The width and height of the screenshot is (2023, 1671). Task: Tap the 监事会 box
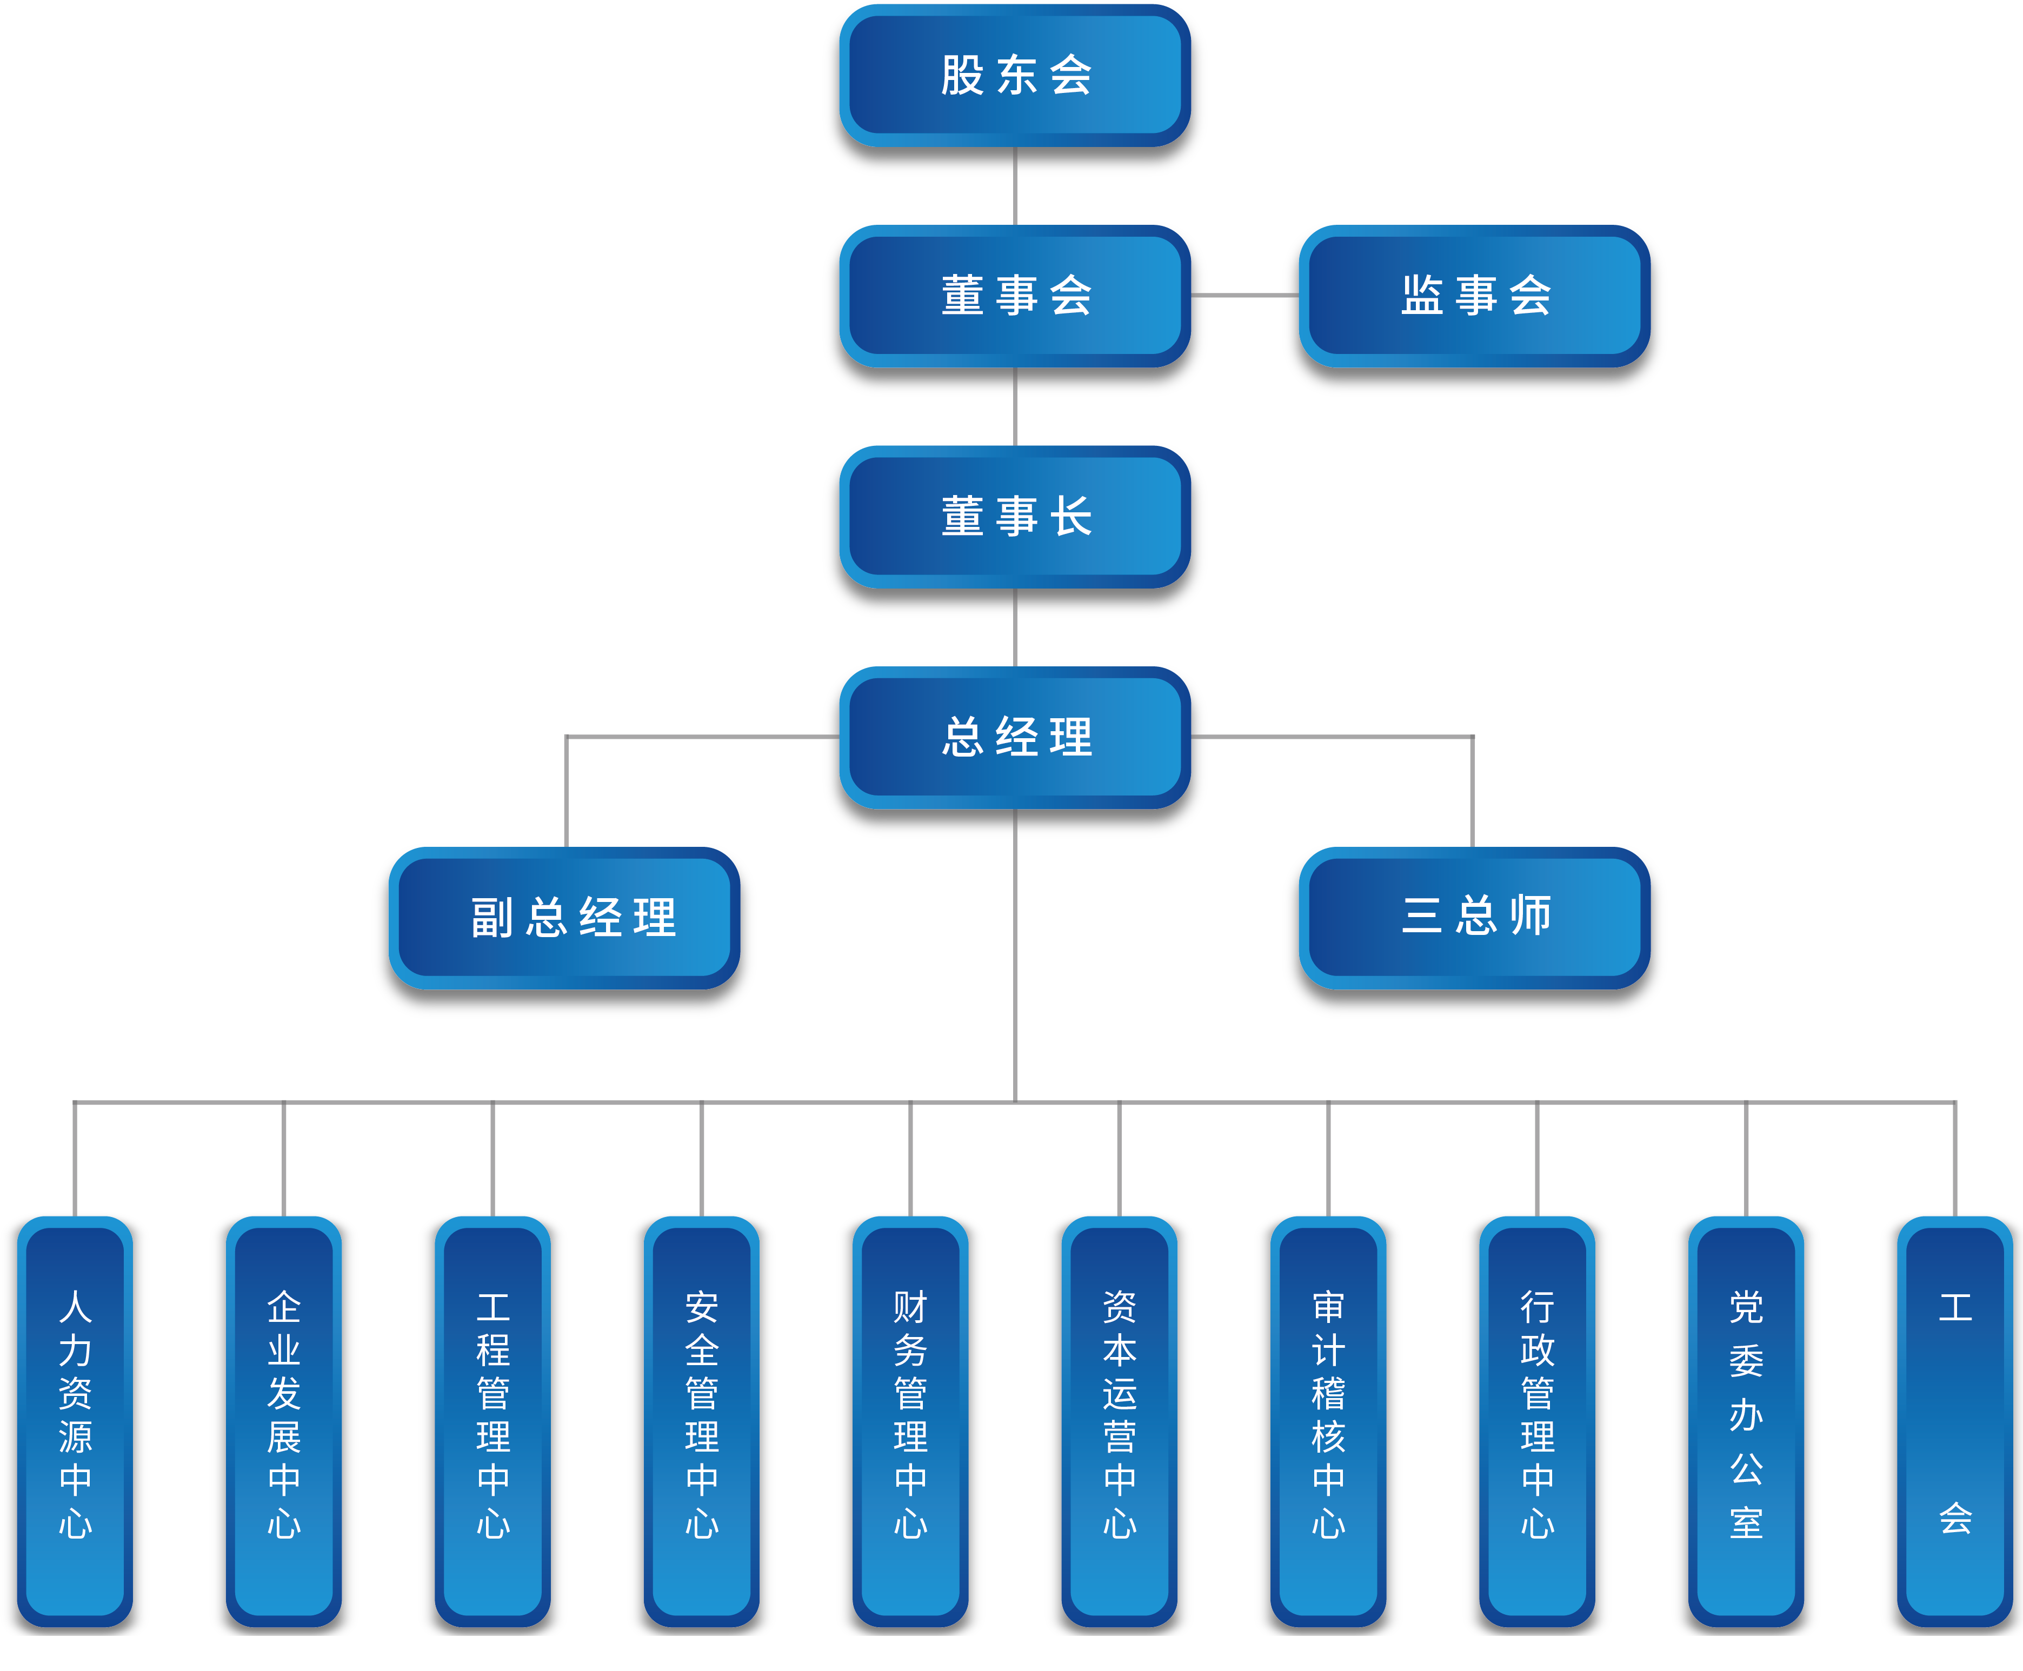1475,296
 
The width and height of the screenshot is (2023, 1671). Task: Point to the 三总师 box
1475,915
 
